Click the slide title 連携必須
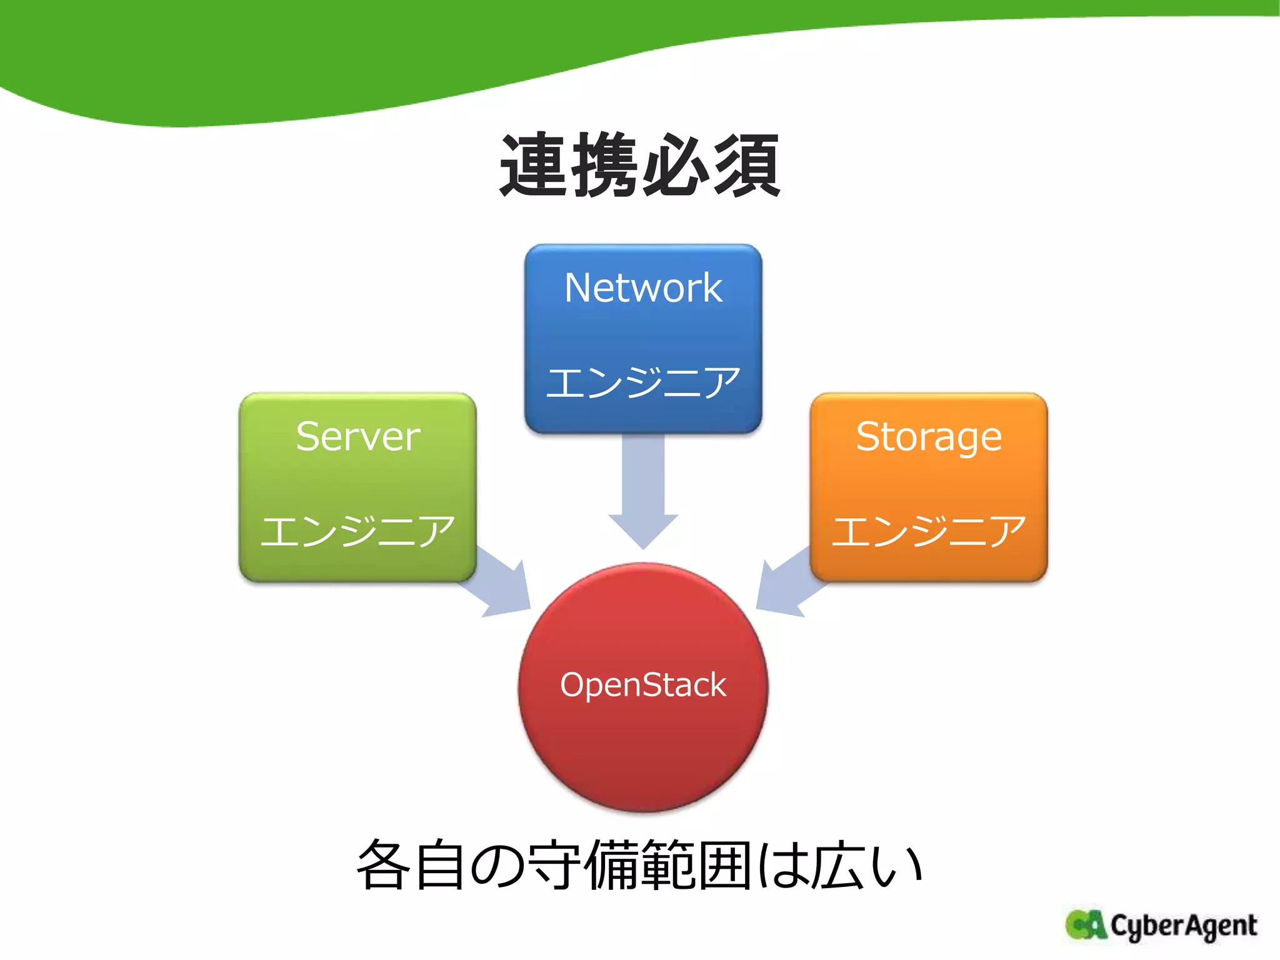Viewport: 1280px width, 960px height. coord(640,166)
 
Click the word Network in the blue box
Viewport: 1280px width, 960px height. coord(643,288)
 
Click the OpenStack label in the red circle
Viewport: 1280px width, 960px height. coord(643,685)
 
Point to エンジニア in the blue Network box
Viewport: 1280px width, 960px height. coord(643,382)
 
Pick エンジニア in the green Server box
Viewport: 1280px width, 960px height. coord(358,531)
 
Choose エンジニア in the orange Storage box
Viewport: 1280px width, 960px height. coord(929,531)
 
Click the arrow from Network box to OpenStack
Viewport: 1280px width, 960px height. coord(643,494)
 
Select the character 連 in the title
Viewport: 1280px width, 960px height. coord(535,166)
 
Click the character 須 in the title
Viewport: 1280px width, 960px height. coord(747,166)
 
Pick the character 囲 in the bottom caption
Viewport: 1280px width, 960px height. coord(725,866)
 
